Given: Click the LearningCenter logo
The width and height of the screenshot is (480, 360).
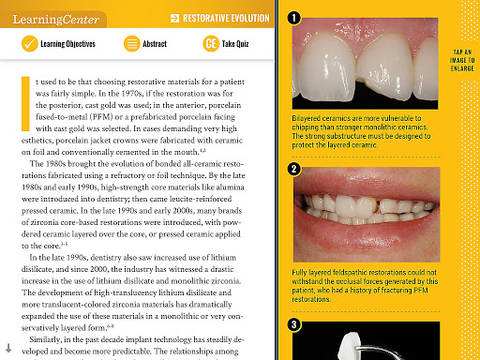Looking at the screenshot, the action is point(56,20).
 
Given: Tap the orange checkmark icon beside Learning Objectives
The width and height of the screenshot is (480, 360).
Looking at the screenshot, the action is point(30,43).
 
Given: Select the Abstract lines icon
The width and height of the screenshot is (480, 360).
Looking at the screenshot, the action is point(132,43).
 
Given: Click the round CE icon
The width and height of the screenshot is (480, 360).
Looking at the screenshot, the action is point(211,43).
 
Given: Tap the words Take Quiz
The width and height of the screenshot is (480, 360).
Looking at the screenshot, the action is point(235,44).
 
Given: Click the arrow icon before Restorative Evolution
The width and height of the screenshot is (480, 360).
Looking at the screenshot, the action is point(174,19).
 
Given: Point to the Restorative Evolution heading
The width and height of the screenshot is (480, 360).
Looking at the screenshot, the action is point(226,19).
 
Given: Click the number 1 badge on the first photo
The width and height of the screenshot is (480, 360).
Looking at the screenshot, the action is point(293,18).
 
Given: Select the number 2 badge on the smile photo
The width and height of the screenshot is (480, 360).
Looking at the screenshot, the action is point(293,169).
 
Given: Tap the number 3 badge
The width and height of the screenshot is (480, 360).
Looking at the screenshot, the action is point(293,324).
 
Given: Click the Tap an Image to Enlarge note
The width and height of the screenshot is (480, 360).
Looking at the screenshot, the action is point(462,60).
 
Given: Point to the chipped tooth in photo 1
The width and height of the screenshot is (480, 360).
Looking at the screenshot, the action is point(384,73).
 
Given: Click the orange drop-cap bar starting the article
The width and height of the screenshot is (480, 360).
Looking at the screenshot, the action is point(25,103).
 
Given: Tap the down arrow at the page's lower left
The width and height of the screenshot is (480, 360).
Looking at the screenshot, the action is point(8,348).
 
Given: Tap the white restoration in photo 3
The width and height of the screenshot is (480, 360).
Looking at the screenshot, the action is point(349,347).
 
